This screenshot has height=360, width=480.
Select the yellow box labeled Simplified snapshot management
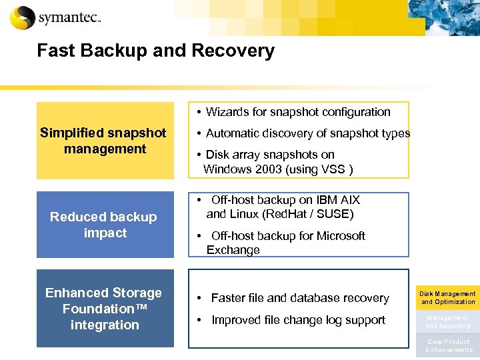point(105,141)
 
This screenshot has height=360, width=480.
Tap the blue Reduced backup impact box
point(105,225)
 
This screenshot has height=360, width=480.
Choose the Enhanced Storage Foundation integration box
point(105,309)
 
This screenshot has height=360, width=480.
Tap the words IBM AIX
point(337,200)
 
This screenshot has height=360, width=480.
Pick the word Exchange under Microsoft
point(233,250)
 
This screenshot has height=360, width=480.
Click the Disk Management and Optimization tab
point(447,298)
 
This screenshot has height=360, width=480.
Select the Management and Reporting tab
point(447,322)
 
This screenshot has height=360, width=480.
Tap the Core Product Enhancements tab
point(447,346)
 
